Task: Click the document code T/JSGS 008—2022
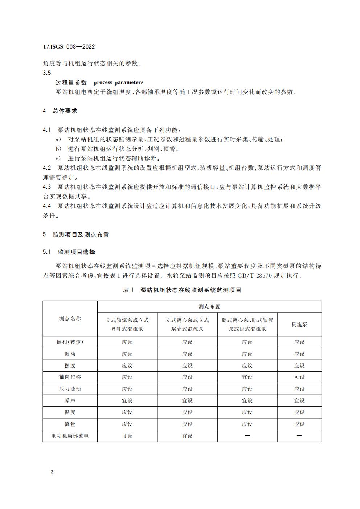pyautogui.click(x=69, y=46)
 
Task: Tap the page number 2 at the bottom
pyautogui.click(x=52, y=472)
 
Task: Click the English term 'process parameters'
pyautogui.click(x=118, y=82)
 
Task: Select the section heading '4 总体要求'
pyautogui.click(x=60, y=111)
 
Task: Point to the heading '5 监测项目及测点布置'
pyautogui.click(x=76, y=234)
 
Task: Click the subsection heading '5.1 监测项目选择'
pyautogui.click(x=69, y=252)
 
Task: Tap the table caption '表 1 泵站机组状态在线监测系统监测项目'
pyautogui.click(x=182, y=290)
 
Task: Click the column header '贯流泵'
pyautogui.click(x=299, y=324)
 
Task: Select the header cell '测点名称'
pyautogui.click(x=70, y=319)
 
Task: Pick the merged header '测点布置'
pyautogui.click(x=209, y=307)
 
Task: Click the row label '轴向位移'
pyautogui.click(x=70, y=377)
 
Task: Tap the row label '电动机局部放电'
pyautogui.click(x=70, y=436)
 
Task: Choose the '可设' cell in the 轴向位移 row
pyautogui.click(x=299, y=377)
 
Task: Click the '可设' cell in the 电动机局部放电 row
pyautogui.click(x=127, y=436)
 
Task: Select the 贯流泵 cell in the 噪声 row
pyautogui.click(x=299, y=401)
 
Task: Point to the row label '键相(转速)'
pyautogui.click(x=70, y=342)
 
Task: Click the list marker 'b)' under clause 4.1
pyautogui.click(x=58, y=149)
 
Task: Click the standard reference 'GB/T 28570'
pyautogui.click(x=253, y=276)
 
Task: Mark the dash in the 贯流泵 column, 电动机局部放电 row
pyautogui.click(x=299, y=436)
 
